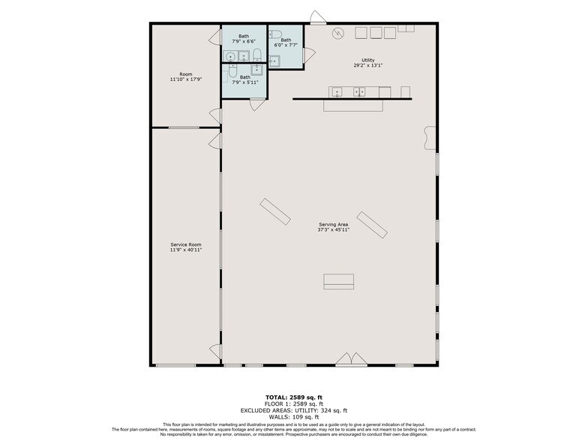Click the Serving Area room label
[333, 223]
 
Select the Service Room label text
[185, 244]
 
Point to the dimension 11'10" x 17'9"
[185, 79]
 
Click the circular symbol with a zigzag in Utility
[339, 32]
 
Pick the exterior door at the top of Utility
[318, 17]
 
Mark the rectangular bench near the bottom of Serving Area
[338, 281]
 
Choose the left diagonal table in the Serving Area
[275, 210]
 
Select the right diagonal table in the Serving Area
[372, 223]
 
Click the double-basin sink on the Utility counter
[359, 92]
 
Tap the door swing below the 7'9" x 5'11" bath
[256, 104]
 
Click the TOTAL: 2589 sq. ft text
[294, 397]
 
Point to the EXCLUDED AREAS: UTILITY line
[294, 410]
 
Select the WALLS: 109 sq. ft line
[294, 417]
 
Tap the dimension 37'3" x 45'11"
[333, 229]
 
